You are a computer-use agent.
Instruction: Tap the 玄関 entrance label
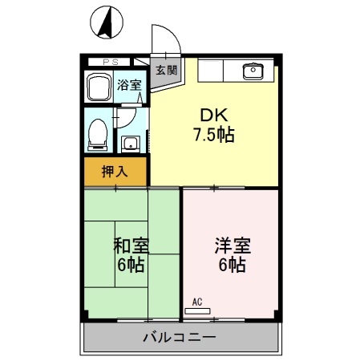(166, 70)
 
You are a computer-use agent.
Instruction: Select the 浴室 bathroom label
(129, 85)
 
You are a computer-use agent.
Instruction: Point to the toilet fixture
(97, 132)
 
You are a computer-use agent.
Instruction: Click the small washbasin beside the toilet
(130, 144)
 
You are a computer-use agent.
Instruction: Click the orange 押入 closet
(115, 171)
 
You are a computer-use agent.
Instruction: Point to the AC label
(197, 302)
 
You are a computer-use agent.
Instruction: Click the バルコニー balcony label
(180, 337)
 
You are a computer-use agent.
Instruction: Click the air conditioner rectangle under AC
(197, 310)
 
